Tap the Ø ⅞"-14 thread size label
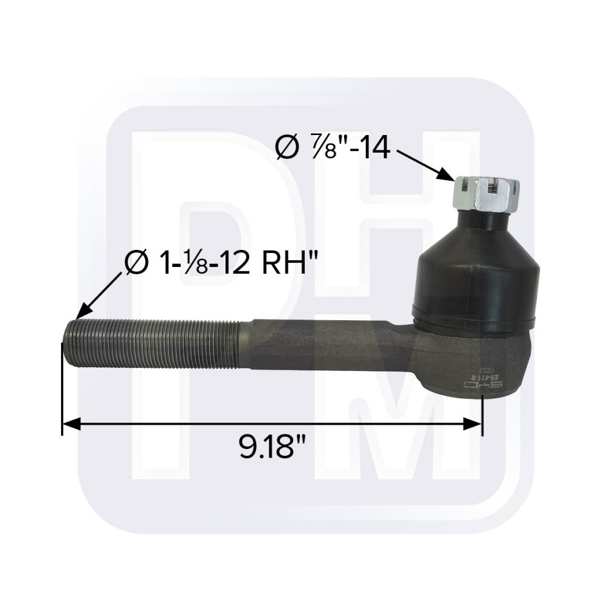333,148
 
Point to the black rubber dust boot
475,269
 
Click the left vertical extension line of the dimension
62,391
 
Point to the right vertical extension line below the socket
482,415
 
